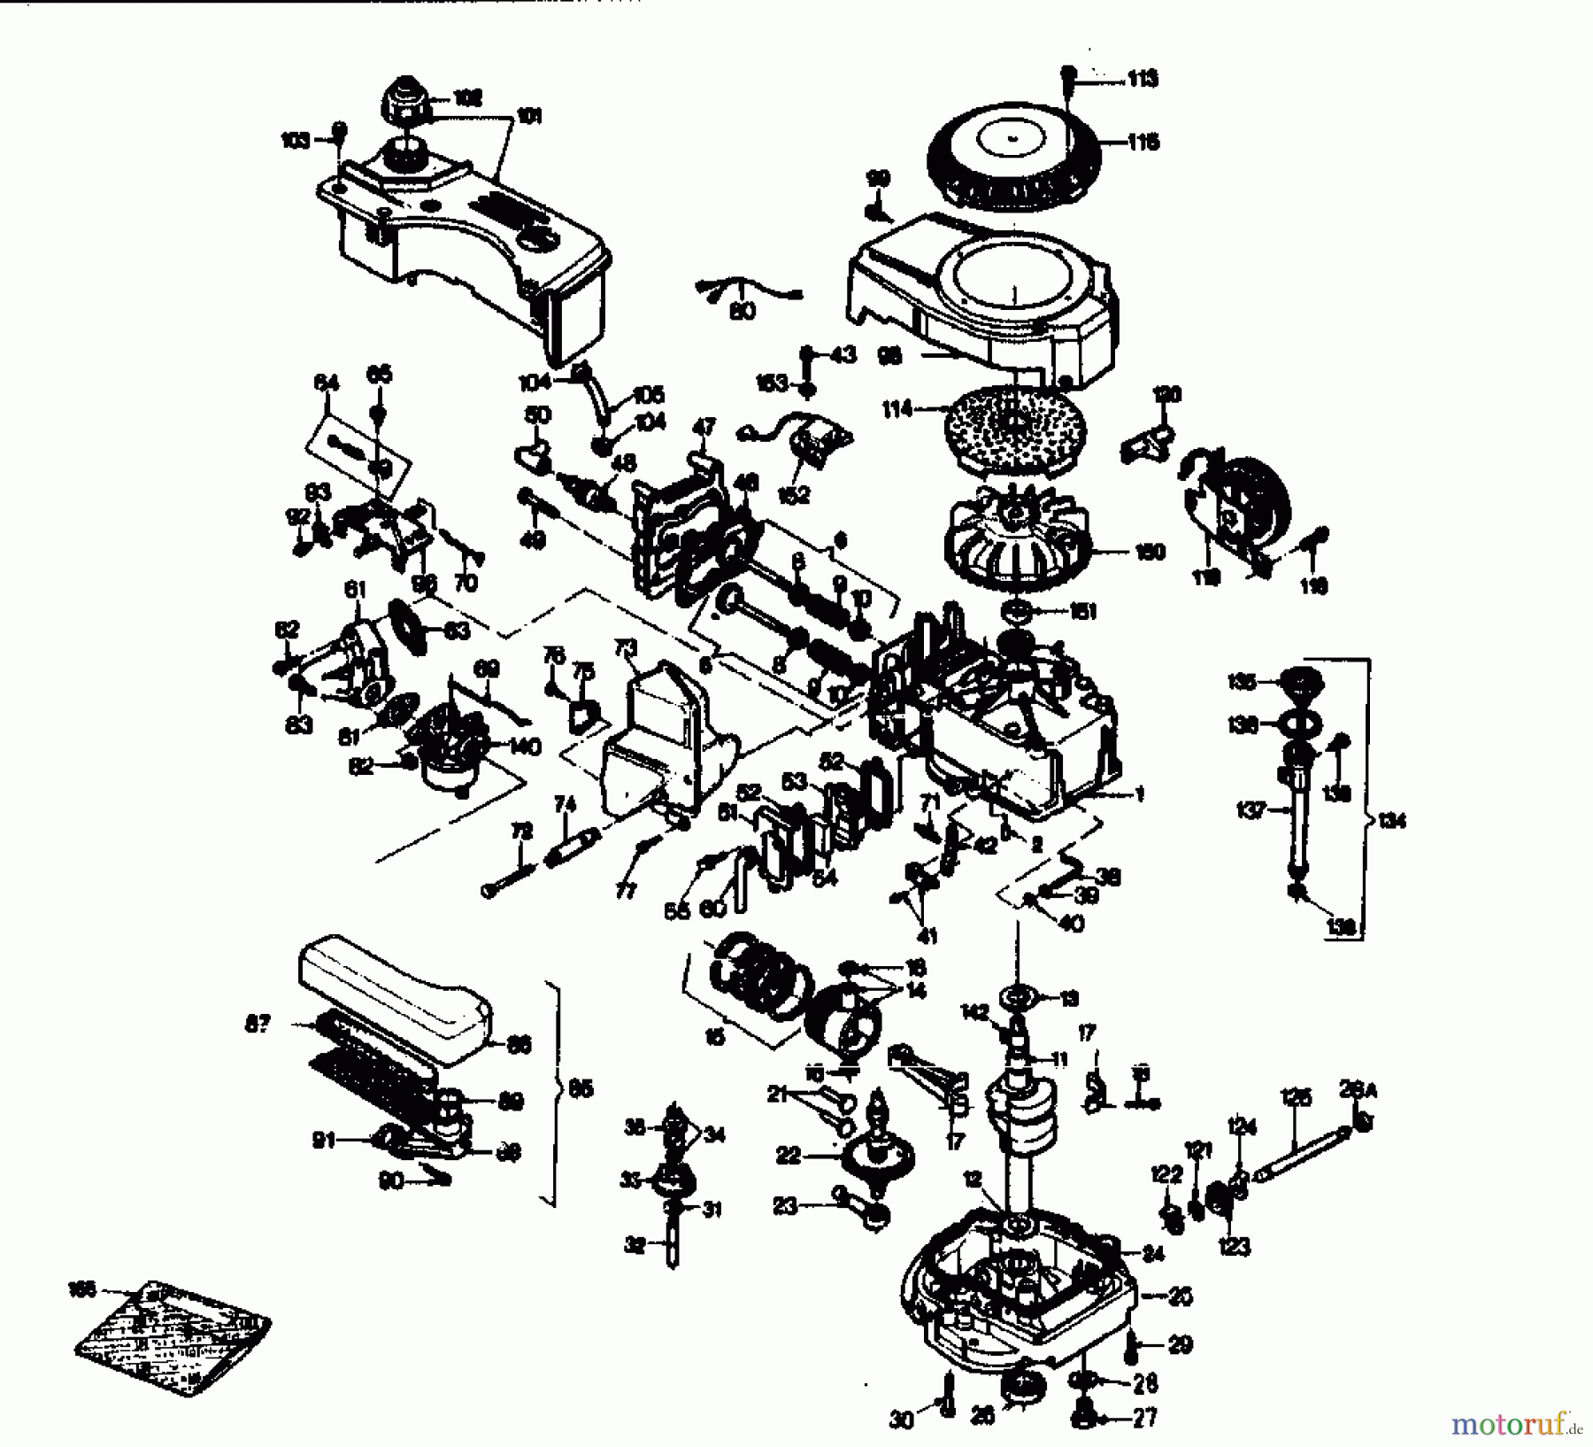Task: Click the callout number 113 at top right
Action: pos(1143,80)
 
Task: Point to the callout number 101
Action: pos(528,117)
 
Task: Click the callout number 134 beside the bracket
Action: pos(1392,821)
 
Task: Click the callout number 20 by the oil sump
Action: pos(1181,1296)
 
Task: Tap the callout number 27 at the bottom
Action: pos(1144,1418)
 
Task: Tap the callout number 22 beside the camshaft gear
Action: pos(789,1156)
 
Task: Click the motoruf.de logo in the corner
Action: pos(1515,1423)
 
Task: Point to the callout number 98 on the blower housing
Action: pos(889,356)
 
